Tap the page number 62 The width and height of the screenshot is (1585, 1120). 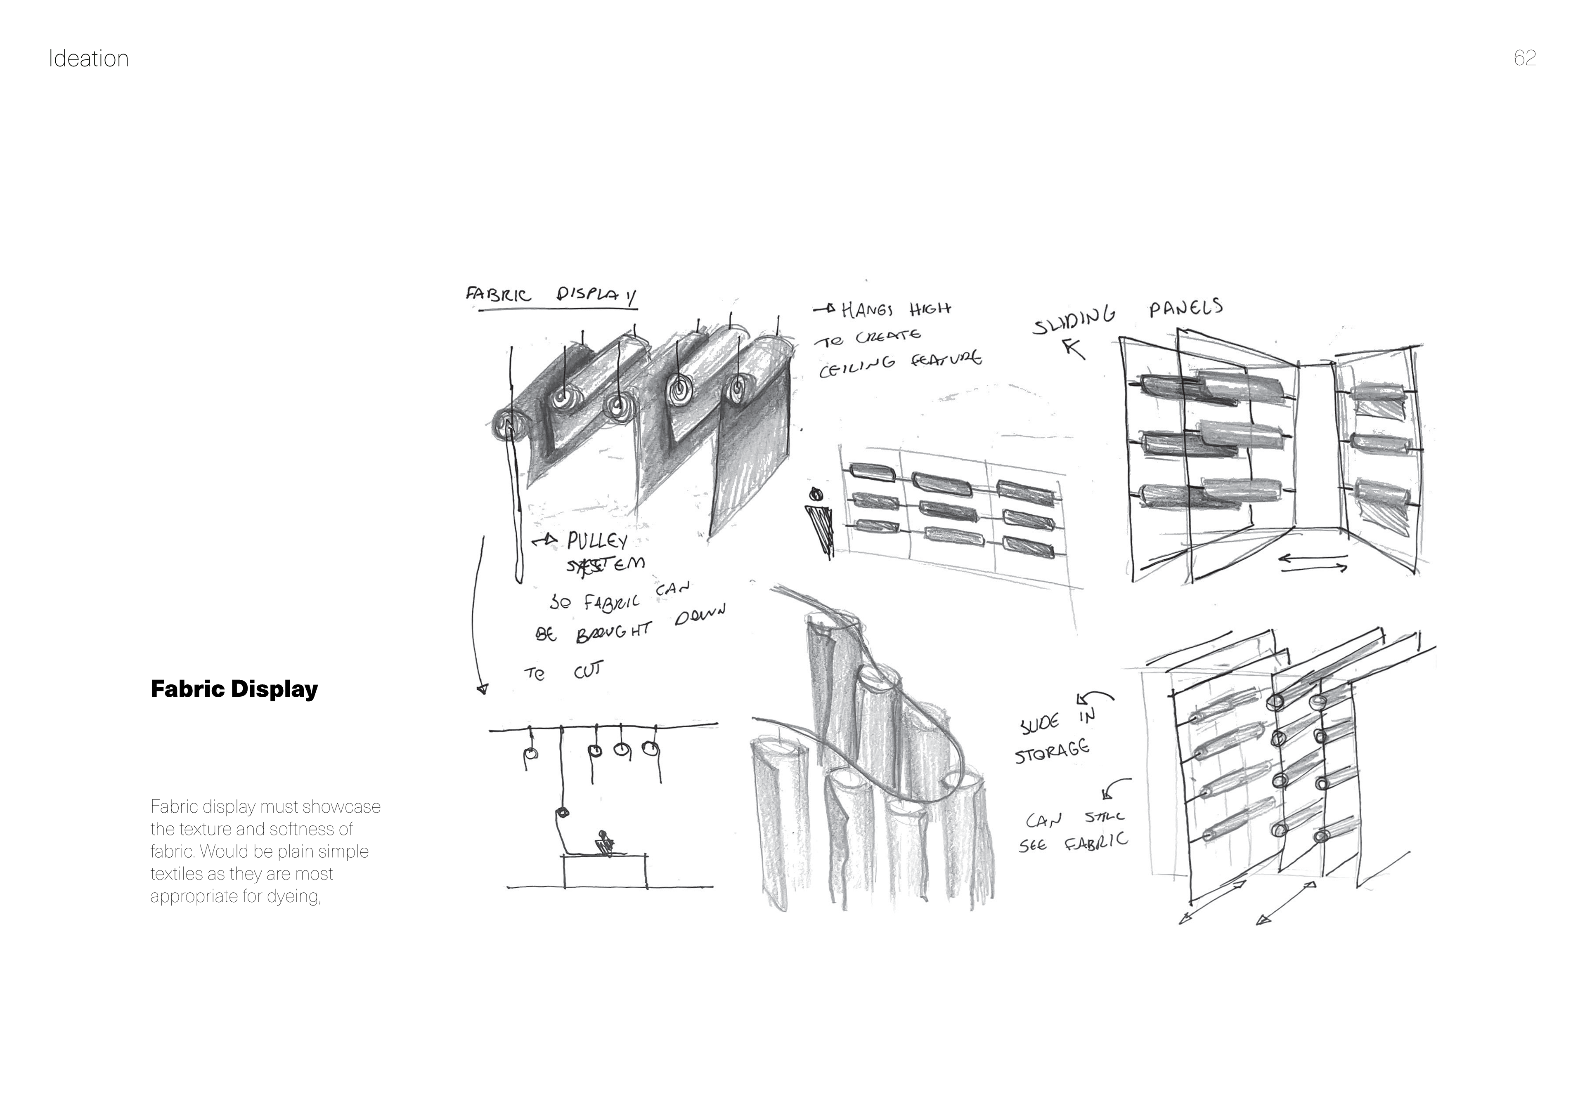coord(1524,58)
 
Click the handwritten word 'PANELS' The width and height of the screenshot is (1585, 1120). coord(1185,308)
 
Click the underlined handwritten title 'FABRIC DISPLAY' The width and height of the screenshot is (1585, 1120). coord(550,296)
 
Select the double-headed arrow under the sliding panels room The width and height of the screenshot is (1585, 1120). coord(1313,564)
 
